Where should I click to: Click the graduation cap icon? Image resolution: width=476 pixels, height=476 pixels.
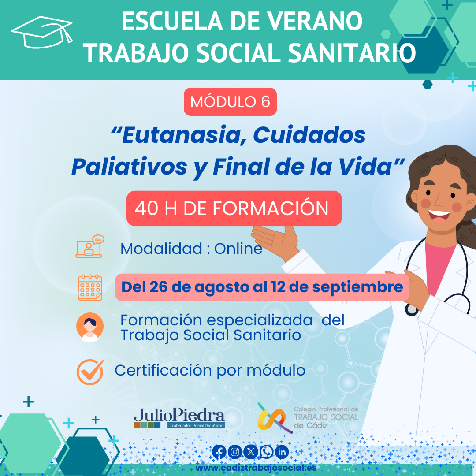(x=42, y=32)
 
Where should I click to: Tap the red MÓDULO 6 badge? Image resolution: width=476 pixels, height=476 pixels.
(x=230, y=102)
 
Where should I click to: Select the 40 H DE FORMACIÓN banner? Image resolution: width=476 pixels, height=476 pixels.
(x=234, y=208)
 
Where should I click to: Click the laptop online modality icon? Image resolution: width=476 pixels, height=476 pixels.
(x=90, y=246)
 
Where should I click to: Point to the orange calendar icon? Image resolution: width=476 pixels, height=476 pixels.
(x=90, y=287)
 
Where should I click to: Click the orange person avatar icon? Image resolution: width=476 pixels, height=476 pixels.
(x=90, y=327)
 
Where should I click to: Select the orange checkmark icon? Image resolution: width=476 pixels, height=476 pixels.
(x=90, y=372)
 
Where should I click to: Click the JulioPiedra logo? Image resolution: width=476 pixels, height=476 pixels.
(x=179, y=418)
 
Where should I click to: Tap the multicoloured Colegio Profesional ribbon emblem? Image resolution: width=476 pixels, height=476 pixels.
(x=271, y=418)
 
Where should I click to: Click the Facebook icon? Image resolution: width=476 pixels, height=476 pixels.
(x=219, y=452)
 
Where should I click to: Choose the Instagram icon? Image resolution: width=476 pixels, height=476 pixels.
(x=235, y=452)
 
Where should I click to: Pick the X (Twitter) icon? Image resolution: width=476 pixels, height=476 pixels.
(x=251, y=452)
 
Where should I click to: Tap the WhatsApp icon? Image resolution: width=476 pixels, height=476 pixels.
(x=266, y=452)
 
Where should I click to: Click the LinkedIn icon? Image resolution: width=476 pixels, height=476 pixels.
(x=282, y=452)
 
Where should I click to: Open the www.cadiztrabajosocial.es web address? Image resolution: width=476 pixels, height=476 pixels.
(x=256, y=468)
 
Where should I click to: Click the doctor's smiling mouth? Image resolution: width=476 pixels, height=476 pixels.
(x=439, y=216)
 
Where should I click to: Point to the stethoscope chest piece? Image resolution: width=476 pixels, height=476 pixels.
(x=412, y=309)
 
